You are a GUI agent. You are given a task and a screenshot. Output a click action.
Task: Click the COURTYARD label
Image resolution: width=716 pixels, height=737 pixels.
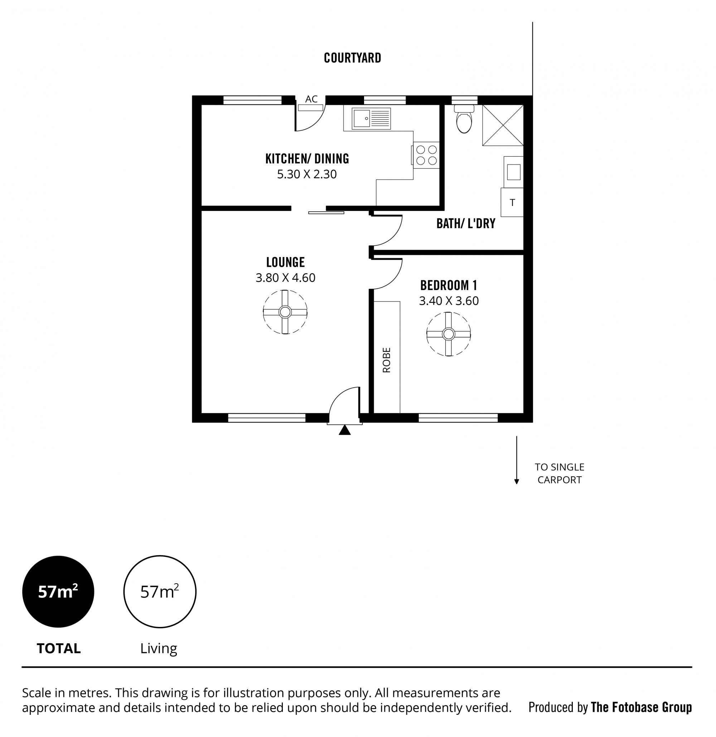[352, 58]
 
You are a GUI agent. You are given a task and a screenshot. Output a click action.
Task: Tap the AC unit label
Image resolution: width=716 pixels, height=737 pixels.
[311, 99]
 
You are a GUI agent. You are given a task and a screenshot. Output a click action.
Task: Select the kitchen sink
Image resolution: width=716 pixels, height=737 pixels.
[371, 118]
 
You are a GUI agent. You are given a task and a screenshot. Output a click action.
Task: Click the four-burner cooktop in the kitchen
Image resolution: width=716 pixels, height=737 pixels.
[426, 155]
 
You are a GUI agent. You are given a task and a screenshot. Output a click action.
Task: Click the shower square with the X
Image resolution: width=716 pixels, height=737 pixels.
[503, 125]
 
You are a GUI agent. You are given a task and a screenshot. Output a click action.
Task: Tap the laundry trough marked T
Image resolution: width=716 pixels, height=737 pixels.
[512, 202]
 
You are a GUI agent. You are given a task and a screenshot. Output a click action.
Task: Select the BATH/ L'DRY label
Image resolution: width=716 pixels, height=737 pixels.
[466, 223]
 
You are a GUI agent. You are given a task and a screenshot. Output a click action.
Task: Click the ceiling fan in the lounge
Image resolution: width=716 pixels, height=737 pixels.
[285, 312]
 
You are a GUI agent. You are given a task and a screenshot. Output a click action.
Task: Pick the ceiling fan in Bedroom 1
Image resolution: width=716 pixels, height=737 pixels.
[448, 334]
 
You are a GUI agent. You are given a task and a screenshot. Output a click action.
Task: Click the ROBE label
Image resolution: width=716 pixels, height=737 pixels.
[387, 360]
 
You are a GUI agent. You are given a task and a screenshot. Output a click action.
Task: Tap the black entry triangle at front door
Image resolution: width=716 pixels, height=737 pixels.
[344, 430]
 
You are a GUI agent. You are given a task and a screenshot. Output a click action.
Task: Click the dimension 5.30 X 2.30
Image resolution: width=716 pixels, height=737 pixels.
[307, 174]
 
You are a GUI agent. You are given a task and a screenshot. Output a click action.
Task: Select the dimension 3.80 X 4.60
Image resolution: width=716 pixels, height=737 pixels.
[285, 277]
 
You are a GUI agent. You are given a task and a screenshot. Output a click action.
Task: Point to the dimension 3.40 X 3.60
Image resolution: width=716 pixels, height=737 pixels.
[449, 301]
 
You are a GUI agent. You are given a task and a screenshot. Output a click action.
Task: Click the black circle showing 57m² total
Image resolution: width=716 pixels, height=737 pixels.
[58, 591]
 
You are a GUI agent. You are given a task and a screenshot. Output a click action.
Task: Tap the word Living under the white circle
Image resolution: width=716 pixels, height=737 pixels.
[159, 649]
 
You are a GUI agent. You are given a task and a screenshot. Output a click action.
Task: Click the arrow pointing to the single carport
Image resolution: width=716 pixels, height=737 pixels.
[517, 460]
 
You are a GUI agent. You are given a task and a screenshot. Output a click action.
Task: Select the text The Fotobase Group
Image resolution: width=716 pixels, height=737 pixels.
[642, 707]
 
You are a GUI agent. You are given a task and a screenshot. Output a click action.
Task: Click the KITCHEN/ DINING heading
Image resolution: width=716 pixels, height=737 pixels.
[307, 159]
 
